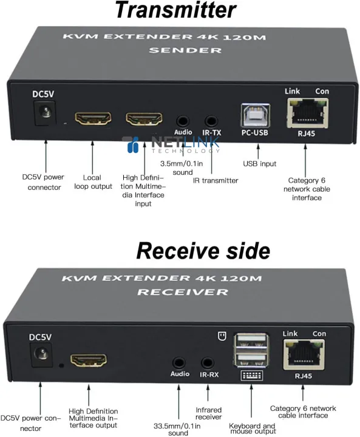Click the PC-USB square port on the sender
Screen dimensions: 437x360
tap(256, 117)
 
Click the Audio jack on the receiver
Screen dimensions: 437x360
tap(179, 363)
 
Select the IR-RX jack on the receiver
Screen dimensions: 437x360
tap(209, 363)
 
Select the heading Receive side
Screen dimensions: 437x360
tap(203, 250)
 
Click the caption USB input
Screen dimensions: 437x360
tap(259, 163)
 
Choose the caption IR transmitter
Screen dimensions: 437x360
tap(216, 180)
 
